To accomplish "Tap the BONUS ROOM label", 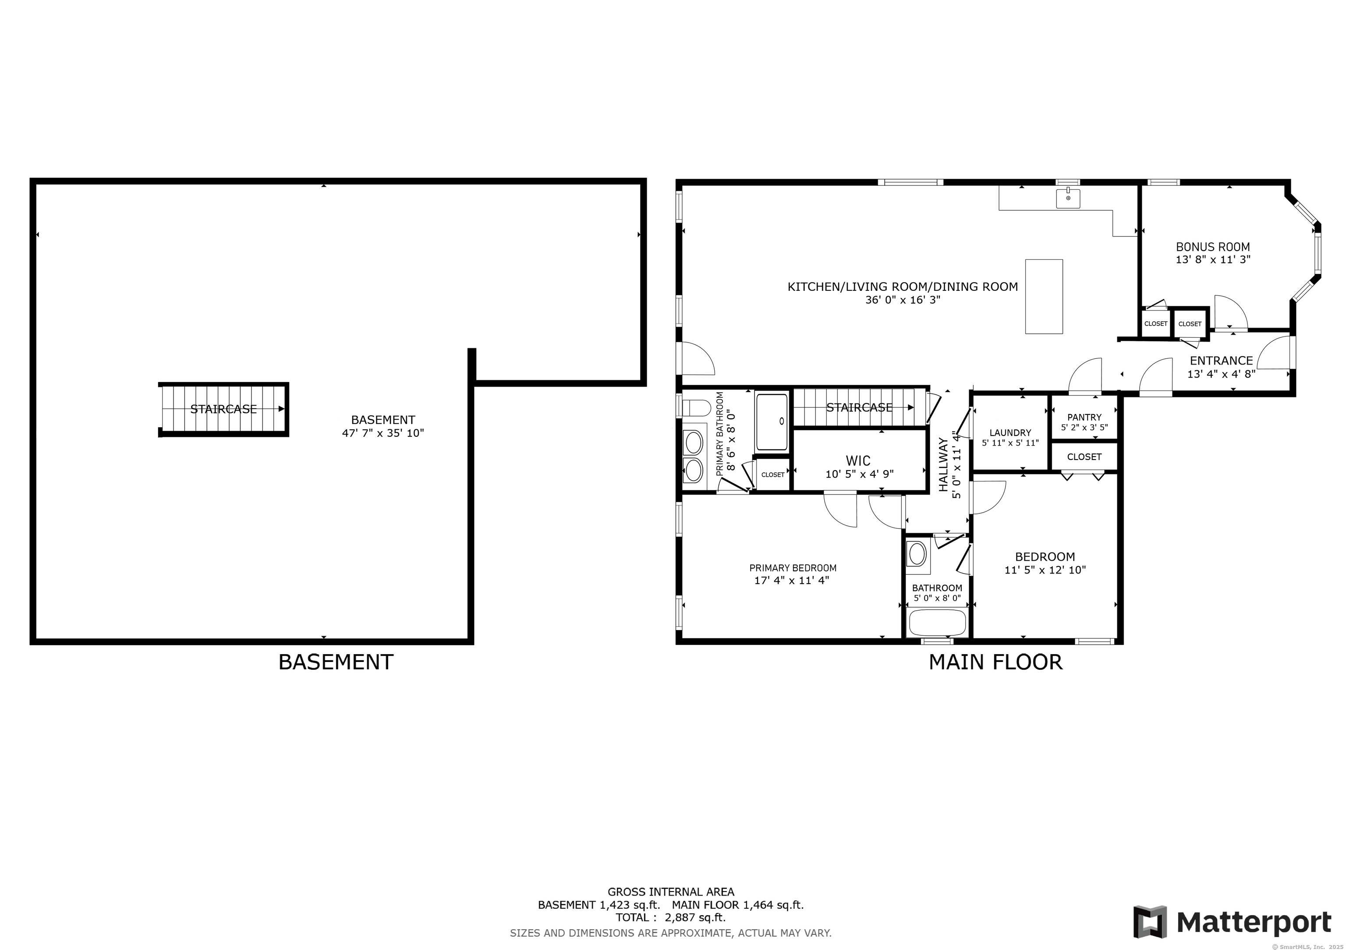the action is tap(1213, 247).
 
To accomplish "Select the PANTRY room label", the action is tap(1084, 418).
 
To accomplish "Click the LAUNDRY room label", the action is tap(1010, 432).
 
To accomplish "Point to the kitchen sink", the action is tap(1068, 198).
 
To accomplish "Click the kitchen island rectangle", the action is tap(1044, 297).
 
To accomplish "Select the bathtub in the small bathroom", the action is tap(936, 623).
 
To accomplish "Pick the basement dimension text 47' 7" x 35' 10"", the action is tap(383, 433).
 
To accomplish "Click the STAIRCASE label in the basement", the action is tap(223, 409).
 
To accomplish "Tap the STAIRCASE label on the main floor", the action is tap(859, 407).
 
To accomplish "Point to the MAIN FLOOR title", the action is tap(995, 662).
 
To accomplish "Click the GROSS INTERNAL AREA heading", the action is tap(671, 892).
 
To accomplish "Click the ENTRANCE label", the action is tap(1221, 361).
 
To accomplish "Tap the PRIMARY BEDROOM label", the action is tap(793, 568).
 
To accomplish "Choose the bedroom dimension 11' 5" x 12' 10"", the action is tap(1045, 570).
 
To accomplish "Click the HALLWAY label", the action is tap(943, 464).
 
